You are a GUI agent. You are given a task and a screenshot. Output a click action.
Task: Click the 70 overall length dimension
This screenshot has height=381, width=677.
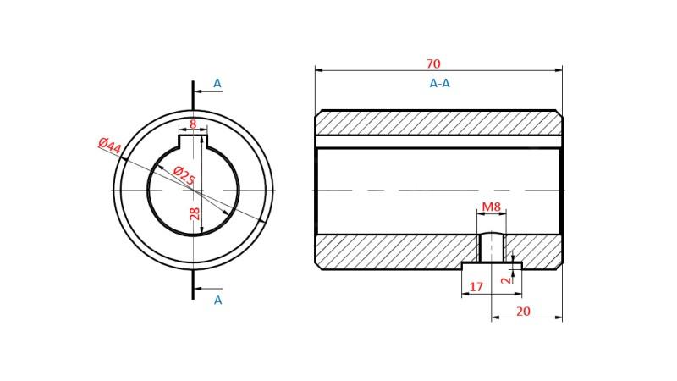click(433, 64)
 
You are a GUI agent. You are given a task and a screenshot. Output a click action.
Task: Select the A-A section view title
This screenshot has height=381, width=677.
click(439, 84)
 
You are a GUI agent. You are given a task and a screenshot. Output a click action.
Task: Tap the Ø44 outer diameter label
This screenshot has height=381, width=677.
click(109, 146)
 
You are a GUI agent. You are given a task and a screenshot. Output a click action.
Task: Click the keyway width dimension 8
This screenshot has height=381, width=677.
click(193, 124)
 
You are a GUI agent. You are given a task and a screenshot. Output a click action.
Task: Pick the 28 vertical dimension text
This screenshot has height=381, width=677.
click(195, 213)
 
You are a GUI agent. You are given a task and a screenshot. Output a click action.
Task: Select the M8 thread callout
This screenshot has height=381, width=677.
click(491, 207)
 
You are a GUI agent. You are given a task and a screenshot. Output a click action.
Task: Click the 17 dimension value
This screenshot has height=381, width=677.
click(476, 288)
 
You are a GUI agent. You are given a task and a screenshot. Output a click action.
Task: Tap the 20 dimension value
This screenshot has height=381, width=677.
click(523, 312)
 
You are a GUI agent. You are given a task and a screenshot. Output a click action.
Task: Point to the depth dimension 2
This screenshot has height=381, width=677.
click(505, 278)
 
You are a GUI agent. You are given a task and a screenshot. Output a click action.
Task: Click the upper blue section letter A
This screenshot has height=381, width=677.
click(217, 84)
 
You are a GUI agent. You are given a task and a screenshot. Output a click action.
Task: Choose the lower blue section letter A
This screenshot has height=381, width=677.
click(217, 300)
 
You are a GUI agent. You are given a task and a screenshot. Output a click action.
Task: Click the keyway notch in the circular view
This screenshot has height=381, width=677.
click(193, 141)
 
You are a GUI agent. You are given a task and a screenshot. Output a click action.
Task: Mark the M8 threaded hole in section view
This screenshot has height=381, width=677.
click(492, 248)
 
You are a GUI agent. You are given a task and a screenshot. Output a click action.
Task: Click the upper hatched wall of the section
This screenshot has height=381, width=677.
click(438, 123)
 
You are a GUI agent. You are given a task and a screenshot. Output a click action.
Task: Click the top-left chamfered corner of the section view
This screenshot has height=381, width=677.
click(318, 113)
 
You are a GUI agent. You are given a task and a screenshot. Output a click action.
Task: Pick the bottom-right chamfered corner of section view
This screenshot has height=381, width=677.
click(559, 266)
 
